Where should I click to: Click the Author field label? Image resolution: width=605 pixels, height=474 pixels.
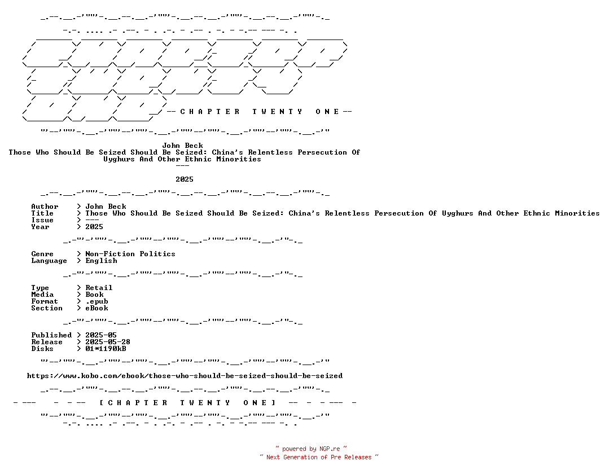click(45, 207)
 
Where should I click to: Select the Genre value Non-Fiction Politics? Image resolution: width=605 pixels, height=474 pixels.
click(130, 254)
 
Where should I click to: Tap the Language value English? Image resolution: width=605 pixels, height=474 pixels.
click(101, 261)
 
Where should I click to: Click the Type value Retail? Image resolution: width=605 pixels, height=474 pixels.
click(99, 288)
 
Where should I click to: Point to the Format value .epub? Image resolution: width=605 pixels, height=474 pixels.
click(97, 301)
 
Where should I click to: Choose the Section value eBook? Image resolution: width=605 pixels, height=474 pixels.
click(97, 308)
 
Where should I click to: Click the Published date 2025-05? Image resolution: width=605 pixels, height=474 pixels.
click(100, 335)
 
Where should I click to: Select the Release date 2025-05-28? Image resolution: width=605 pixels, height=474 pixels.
click(108, 342)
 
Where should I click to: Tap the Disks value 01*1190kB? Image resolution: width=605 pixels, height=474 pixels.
click(106, 349)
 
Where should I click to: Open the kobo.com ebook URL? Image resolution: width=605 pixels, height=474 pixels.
click(185, 376)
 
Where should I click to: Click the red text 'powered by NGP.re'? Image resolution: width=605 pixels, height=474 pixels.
click(311, 449)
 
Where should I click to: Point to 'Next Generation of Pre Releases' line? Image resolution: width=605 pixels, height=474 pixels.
click(319, 458)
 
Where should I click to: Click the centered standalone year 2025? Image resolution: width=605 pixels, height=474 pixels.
click(185, 179)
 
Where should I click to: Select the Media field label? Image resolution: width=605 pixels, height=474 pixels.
click(42, 295)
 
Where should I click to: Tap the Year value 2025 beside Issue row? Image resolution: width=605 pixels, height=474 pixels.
click(94, 227)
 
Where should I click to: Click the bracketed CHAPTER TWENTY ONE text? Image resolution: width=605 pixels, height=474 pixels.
click(187, 403)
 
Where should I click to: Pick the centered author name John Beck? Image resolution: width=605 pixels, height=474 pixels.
click(182, 146)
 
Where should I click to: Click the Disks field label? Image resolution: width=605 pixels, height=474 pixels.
click(42, 349)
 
